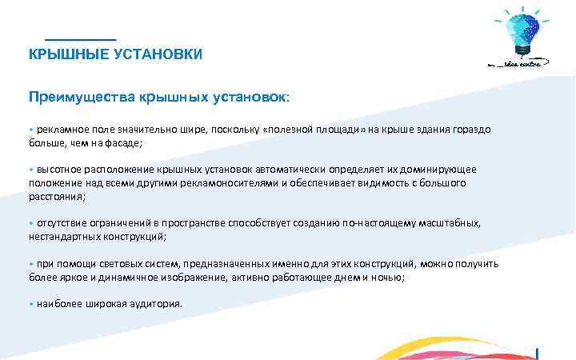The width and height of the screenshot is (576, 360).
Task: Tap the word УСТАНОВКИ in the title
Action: tap(156, 54)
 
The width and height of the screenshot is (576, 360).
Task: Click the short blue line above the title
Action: tap(80, 39)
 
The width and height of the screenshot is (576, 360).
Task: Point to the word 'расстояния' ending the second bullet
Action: tap(55, 196)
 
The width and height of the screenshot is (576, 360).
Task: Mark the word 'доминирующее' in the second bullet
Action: tap(441, 170)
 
